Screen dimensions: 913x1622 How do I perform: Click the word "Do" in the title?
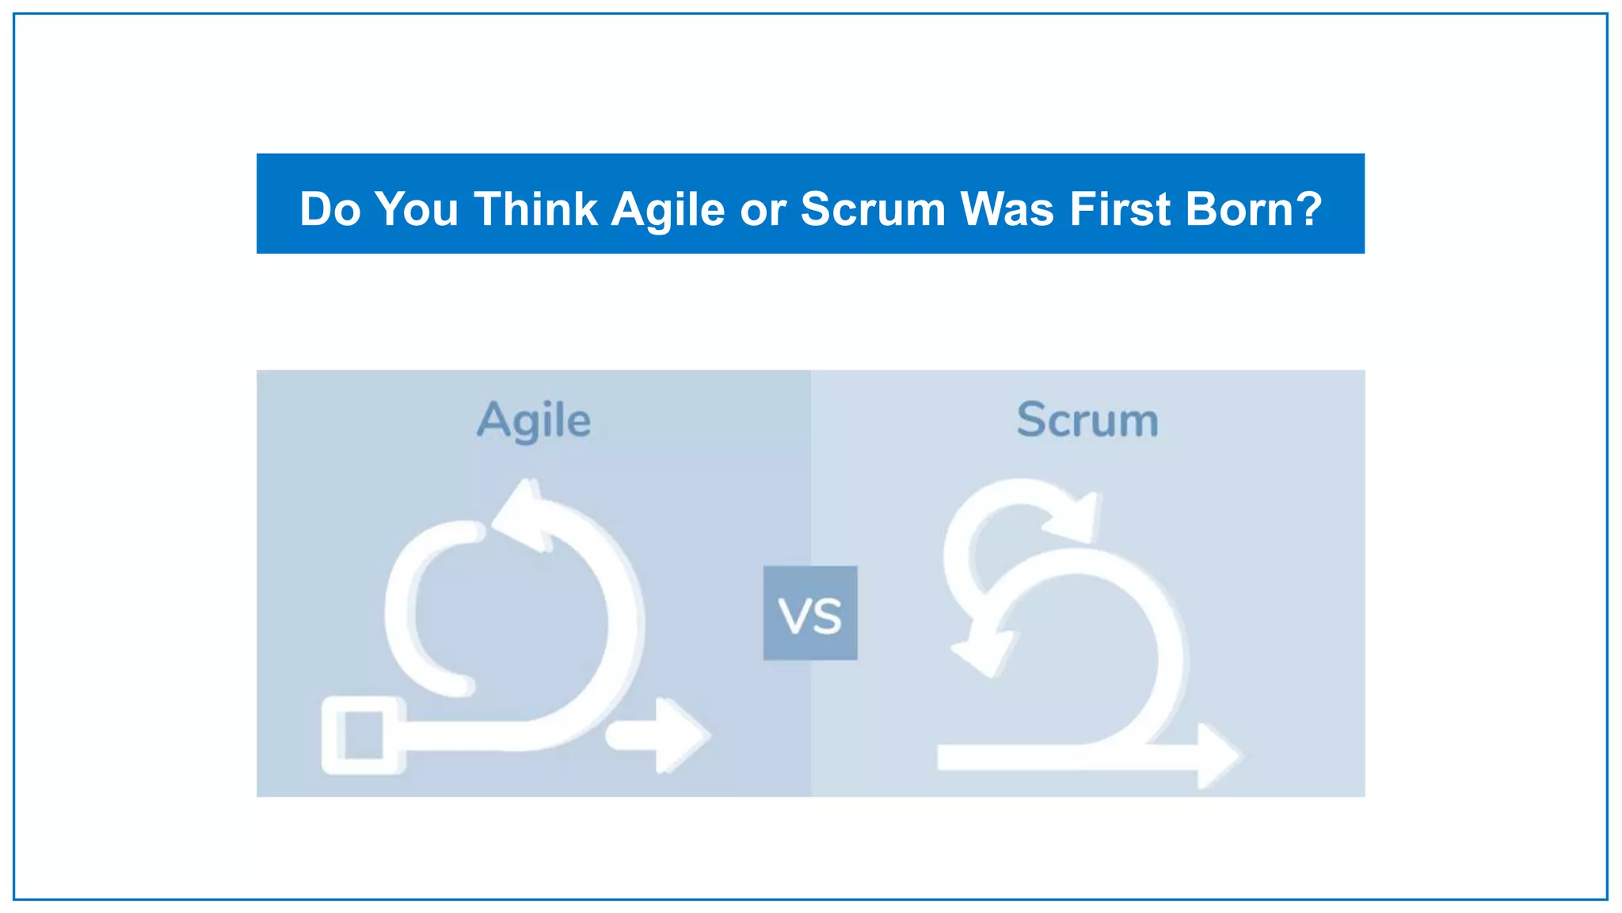[329, 209]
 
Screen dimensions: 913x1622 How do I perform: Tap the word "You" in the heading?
[417, 209]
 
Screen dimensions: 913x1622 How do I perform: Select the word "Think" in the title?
[535, 209]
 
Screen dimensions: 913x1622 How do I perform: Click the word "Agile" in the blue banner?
[668, 211]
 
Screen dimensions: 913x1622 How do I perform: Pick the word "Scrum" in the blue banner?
[873, 209]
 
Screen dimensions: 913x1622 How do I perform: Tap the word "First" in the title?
[1120, 209]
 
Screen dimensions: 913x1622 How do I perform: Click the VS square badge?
[810, 613]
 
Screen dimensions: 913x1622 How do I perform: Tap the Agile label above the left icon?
[534, 421]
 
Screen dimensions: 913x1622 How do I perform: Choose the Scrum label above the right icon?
[1087, 420]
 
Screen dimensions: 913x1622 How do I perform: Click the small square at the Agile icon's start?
[363, 735]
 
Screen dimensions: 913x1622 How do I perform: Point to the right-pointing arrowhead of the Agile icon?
[680, 735]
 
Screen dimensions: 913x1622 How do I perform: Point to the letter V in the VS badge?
[794, 617]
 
